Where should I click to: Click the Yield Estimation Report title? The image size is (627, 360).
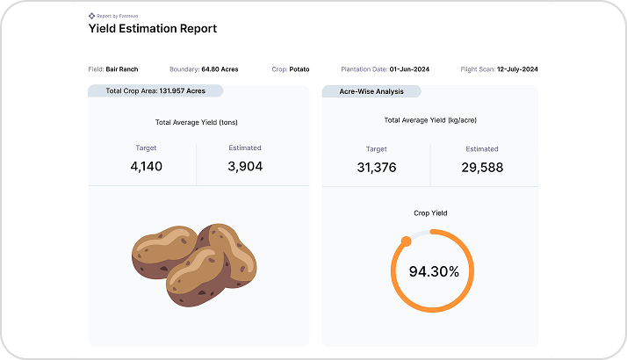tap(152, 28)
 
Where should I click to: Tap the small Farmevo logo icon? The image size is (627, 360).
tap(91, 15)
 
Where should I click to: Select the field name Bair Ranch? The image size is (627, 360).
tap(121, 68)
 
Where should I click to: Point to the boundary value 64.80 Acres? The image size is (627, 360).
tap(220, 68)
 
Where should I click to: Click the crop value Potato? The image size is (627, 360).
tap(299, 68)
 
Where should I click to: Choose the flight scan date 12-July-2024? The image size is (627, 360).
tap(518, 68)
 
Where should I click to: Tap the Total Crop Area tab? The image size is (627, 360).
tap(155, 90)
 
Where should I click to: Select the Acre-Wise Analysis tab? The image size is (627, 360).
tap(371, 90)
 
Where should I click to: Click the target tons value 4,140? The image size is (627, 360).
tap(146, 166)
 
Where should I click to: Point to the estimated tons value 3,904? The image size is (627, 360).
tap(244, 166)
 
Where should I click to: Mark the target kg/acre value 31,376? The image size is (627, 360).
tap(376, 167)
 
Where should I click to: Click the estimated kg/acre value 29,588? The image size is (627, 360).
tap(482, 167)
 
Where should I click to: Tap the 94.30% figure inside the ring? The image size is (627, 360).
tap(434, 271)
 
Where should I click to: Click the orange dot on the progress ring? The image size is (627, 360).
tap(406, 241)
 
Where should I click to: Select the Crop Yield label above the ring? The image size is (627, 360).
tap(430, 212)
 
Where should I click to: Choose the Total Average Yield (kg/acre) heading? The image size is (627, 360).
tap(430, 120)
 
